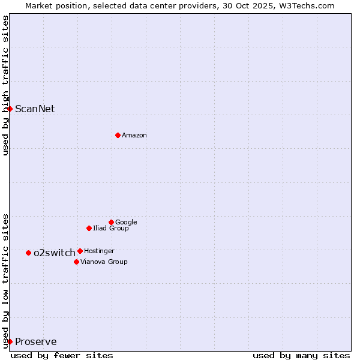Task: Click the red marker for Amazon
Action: point(118,135)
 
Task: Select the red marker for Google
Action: point(111,222)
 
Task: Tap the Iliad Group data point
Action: point(89,228)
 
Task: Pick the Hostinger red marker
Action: point(80,251)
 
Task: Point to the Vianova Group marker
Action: point(76,262)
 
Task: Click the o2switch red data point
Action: point(28,253)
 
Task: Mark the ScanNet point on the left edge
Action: point(10,109)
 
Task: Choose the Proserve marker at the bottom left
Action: point(10,341)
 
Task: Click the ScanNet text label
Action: point(35,109)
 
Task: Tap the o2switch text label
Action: point(55,253)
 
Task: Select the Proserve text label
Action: point(36,342)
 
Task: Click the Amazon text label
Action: point(134,136)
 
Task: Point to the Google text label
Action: point(126,223)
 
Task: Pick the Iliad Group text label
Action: point(111,228)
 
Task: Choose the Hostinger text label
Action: point(99,251)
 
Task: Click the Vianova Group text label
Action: point(104,262)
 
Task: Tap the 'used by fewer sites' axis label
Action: point(62,355)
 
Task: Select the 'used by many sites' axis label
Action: point(301,355)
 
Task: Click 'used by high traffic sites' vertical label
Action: point(5,85)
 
